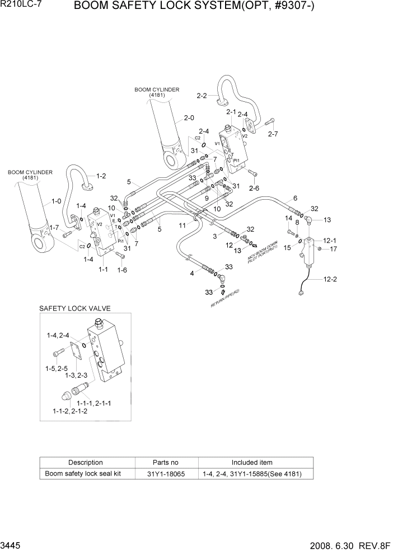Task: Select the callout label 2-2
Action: coord(202,96)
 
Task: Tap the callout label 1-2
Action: coord(101,176)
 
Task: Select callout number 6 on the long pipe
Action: coord(295,198)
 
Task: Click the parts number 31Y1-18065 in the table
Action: coord(165,474)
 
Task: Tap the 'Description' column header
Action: coord(85,462)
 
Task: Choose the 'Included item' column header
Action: coord(252,462)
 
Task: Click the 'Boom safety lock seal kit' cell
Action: coord(85,474)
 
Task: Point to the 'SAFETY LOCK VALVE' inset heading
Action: coord(74,308)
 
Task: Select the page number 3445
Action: coord(12,544)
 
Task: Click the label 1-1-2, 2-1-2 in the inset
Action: coord(70,411)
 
